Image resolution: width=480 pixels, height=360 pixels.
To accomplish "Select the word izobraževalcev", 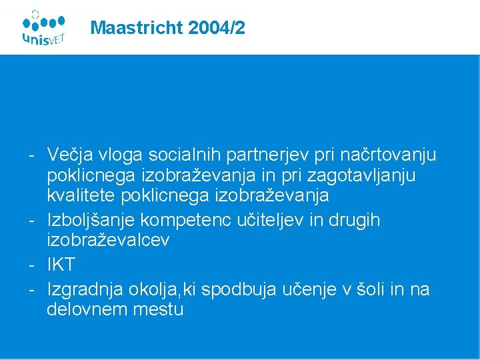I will pos(108,241).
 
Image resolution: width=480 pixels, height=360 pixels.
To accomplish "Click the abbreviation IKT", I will pos(61,265).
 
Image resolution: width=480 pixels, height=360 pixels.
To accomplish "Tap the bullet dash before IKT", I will pos(31,265).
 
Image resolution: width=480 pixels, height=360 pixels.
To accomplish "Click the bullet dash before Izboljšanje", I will pos(31,221).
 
